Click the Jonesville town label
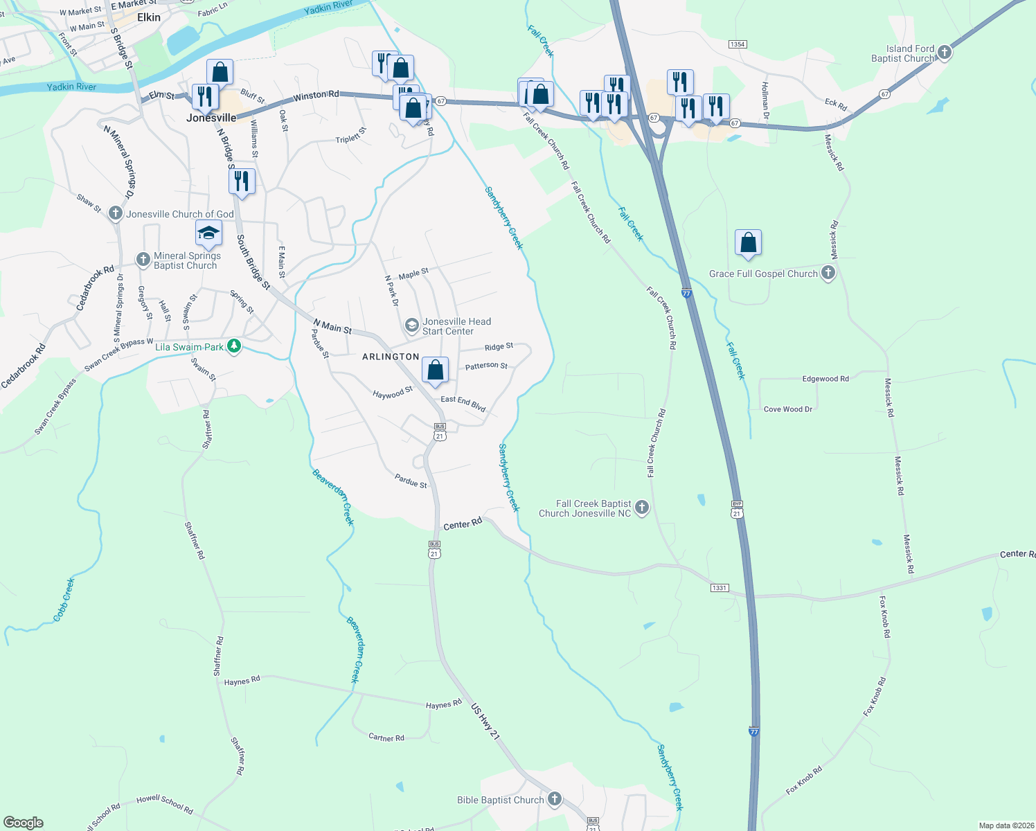(211, 118)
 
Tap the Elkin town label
(149, 17)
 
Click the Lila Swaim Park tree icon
(234, 346)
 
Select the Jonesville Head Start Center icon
(412, 325)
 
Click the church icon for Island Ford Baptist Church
(943, 53)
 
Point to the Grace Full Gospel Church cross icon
(828, 273)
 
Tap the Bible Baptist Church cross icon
(554, 799)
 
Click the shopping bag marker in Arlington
(435, 370)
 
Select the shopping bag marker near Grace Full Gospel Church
(748, 243)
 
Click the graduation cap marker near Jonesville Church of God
(208, 233)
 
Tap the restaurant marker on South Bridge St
(242, 181)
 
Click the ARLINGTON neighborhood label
(391, 357)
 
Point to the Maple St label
(413, 274)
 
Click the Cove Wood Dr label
(787, 409)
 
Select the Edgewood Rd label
(825, 379)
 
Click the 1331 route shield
(719, 588)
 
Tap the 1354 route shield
(737, 44)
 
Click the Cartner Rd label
(386, 738)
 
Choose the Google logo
(23, 822)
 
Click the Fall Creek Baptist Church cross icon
(642, 508)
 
